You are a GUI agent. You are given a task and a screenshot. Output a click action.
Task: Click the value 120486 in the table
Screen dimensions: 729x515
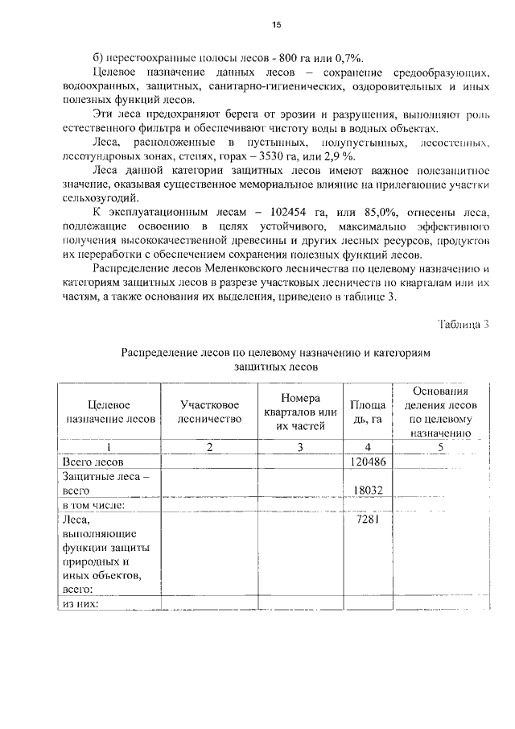pos(369,462)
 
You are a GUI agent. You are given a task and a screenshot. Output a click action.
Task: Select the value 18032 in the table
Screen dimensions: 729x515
pos(369,491)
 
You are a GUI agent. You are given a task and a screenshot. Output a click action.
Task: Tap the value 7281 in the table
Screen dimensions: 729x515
pos(368,520)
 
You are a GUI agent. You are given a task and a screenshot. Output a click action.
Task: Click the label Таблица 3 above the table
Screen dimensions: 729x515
pos(462,325)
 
